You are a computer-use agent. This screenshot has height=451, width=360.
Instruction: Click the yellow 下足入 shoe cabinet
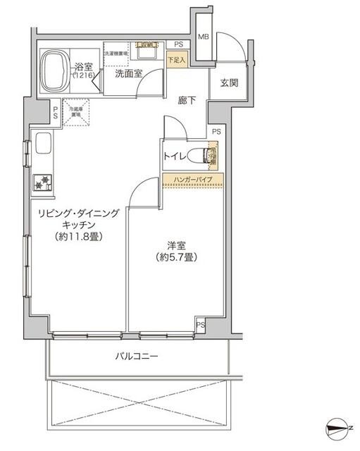click(x=177, y=59)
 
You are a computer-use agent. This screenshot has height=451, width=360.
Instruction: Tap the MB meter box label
click(x=203, y=37)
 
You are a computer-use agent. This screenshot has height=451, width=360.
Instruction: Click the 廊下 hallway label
click(x=187, y=100)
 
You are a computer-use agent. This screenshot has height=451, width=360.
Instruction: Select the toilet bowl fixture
click(x=208, y=155)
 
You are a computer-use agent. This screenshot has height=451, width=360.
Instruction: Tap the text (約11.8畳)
click(x=79, y=237)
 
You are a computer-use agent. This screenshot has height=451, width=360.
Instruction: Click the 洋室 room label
click(x=176, y=245)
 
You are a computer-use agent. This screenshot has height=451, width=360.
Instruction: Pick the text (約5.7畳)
click(x=176, y=257)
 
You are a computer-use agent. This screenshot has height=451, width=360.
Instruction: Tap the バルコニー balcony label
click(x=137, y=357)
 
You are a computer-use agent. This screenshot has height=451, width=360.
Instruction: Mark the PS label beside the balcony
click(x=201, y=325)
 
